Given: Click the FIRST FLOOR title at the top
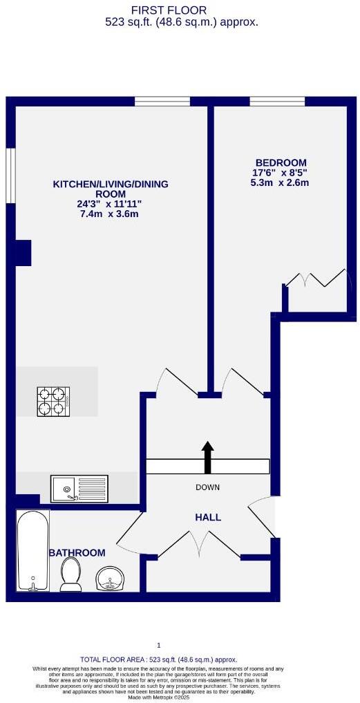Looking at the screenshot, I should click(x=178, y=10).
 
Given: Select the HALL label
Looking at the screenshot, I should click(x=207, y=516).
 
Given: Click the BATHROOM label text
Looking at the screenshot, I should click(x=77, y=553).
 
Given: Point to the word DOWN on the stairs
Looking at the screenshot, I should click(x=207, y=487).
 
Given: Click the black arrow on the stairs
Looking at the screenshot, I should click(x=207, y=457).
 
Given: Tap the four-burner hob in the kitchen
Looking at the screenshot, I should click(x=53, y=401).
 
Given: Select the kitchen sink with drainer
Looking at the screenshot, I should click(x=79, y=488).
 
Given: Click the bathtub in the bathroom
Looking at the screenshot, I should click(x=32, y=551).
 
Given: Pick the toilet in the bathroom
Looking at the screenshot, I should click(x=70, y=575).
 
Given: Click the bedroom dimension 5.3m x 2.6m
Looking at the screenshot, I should click(x=279, y=183).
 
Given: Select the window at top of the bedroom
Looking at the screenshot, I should click(x=277, y=102).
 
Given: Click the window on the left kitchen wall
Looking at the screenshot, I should click(x=10, y=176).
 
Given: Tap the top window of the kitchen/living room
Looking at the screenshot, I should click(x=162, y=102).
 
